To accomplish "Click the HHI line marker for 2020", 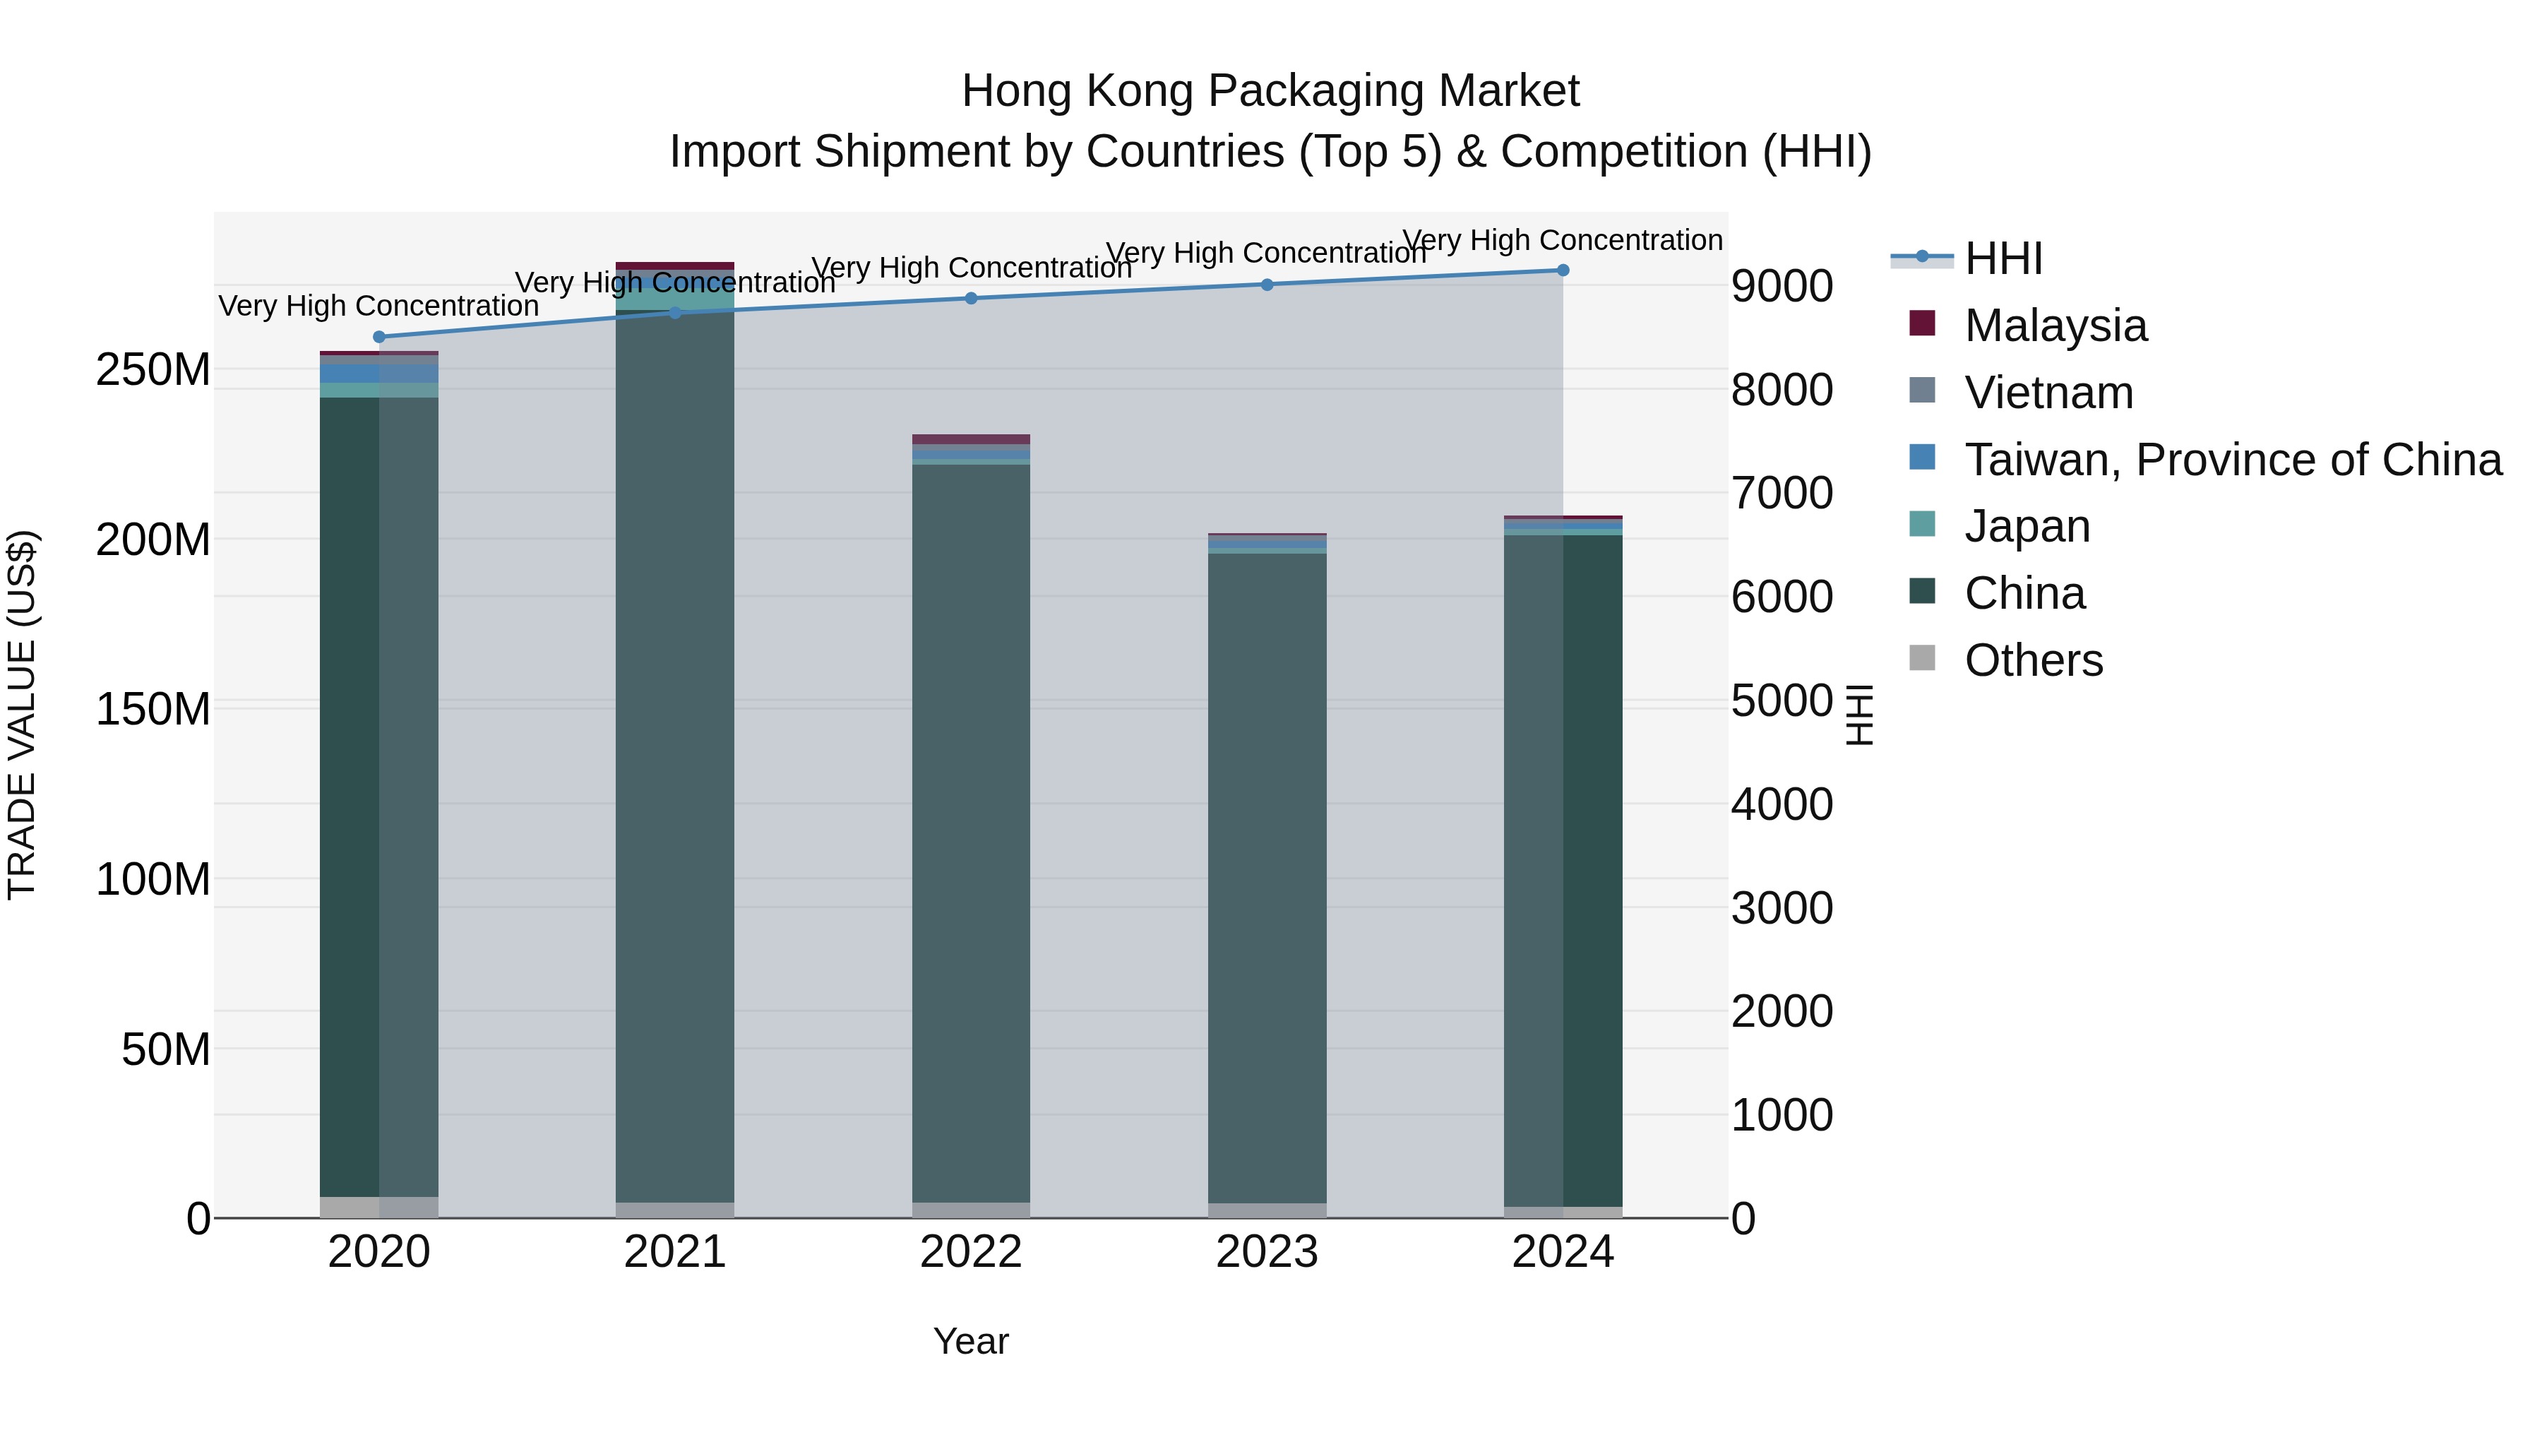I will coord(379,337).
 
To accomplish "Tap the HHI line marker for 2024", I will coord(1563,270).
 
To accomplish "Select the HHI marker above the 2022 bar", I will coord(971,298).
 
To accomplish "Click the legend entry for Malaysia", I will coord(2055,326).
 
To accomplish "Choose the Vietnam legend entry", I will coord(2048,393).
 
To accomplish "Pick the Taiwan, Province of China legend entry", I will coord(2232,460).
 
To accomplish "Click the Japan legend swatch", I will coord(1922,524).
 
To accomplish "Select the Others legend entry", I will coord(2033,660).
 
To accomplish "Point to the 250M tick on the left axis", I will coord(153,370).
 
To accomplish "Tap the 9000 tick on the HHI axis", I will coord(1782,286).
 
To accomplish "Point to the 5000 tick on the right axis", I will coord(1782,701).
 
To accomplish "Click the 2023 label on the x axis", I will coord(1267,1252).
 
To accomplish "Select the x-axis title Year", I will coord(971,1341).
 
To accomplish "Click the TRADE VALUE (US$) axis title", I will coord(23,715).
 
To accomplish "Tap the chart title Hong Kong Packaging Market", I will coord(1270,91).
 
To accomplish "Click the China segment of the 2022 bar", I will coord(971,829).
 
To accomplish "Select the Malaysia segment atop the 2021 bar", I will coord(675,266).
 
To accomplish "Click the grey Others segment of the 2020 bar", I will coord(379,1207).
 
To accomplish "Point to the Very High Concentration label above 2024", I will coord(1563,240).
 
